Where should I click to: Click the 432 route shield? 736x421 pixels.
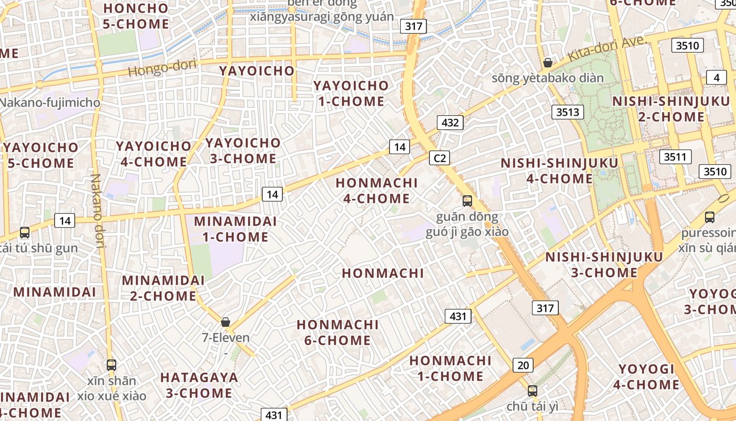[450, 123]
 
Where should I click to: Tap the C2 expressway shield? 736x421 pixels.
[440, 158]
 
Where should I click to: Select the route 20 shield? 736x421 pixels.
[523, 365]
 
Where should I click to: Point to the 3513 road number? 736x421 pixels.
[568, 112]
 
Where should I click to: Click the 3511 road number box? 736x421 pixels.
[676, 156]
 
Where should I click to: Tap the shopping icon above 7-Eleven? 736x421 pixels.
[226, 322]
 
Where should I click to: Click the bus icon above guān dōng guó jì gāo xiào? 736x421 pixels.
[467, 201]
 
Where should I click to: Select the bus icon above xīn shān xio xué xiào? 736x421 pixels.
[111, 365]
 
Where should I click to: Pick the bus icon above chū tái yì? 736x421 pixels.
[533, 391]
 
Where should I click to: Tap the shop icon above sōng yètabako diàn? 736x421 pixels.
[548, 63]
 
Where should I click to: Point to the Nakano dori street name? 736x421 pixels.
[98, 210]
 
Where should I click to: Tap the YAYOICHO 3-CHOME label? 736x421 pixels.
[243, 151]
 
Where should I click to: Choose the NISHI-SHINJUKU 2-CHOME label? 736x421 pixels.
[671, 109]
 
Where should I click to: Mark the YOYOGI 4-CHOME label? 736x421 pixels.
[646, 376]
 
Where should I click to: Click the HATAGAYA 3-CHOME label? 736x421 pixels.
[199, 385]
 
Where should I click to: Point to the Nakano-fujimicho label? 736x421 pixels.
[51, 102]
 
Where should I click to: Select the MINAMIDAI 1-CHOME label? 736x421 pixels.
[236, 229]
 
